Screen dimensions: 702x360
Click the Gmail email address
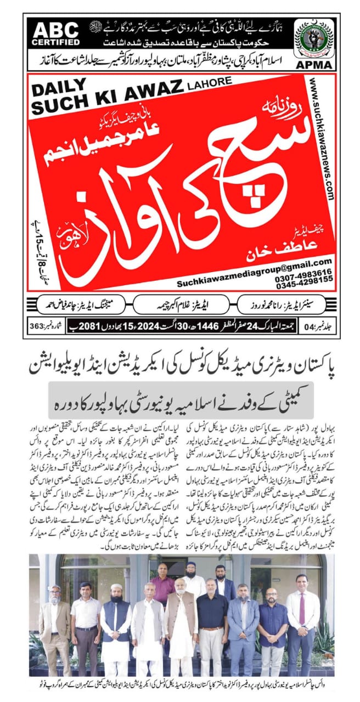(254, 262)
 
